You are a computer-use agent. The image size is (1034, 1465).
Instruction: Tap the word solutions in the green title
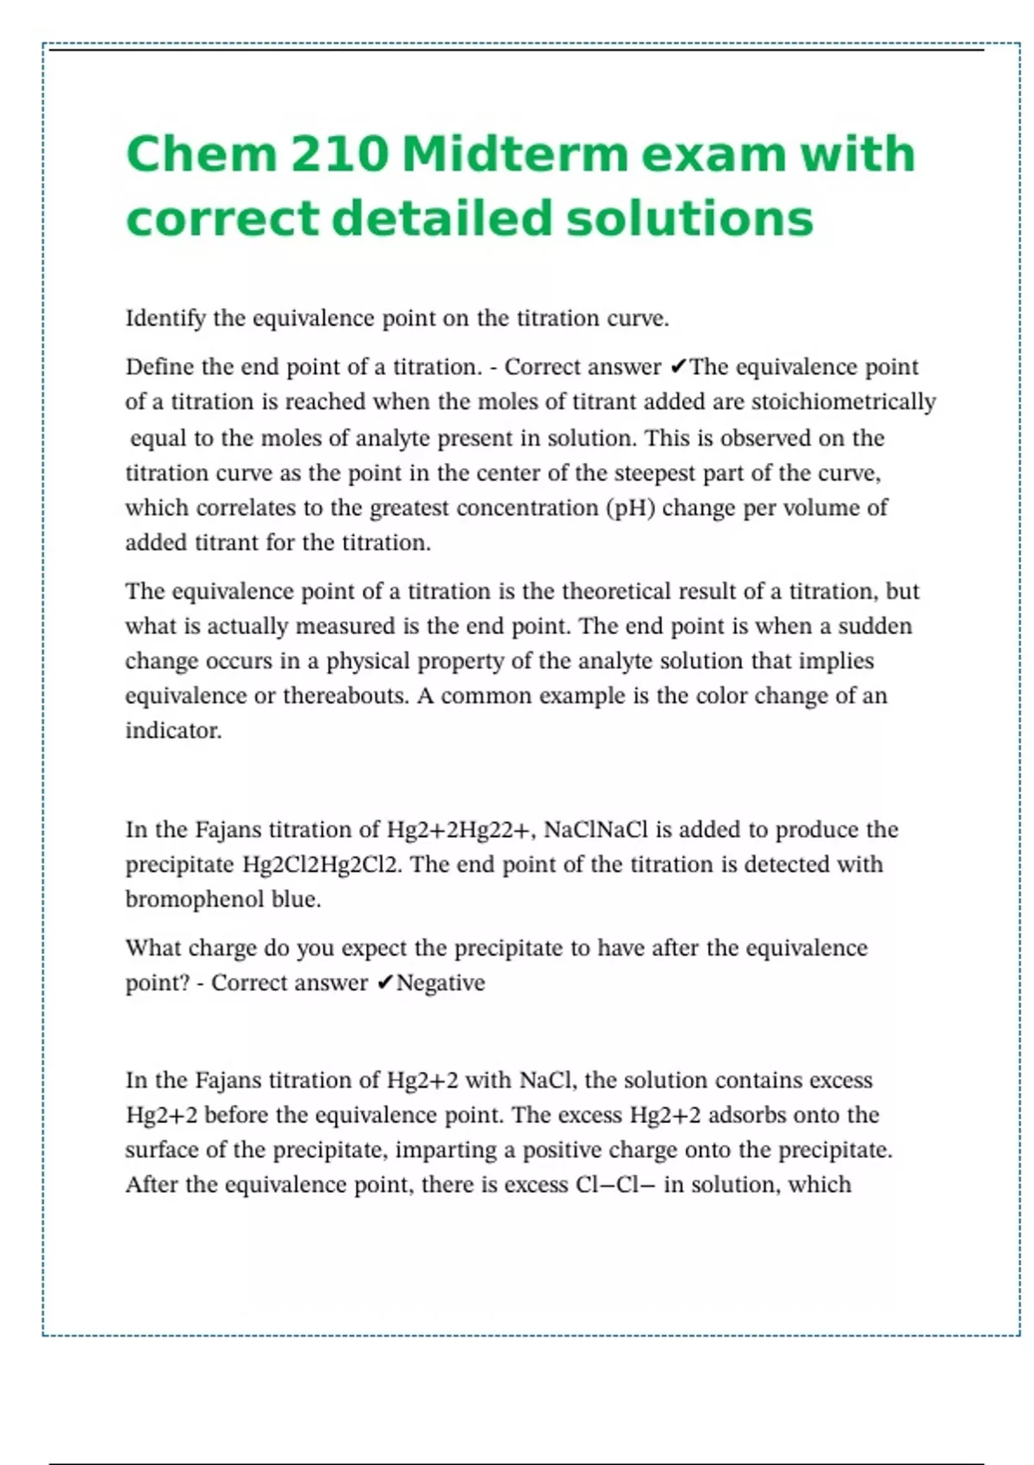pyautogui.click(x=689, y=218)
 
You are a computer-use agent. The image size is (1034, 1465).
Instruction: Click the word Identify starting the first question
pyautogui.click(x=165, y=319)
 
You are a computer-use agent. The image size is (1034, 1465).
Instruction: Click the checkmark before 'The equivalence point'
pyautogui.click(x=678, y=368)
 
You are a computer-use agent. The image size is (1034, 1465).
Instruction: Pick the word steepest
pyautogui.click(x=654, y=473)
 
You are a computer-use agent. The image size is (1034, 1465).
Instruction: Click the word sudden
pyautogui.click(x=875, y=627)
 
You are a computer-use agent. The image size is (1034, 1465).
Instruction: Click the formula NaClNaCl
pyautogui.click(x=595, y=830)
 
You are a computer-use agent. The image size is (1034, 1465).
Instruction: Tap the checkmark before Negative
pyautogui.click(x=386, y=983)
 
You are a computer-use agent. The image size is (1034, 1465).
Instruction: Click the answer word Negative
pyautogui.click(x=440, y=983)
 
